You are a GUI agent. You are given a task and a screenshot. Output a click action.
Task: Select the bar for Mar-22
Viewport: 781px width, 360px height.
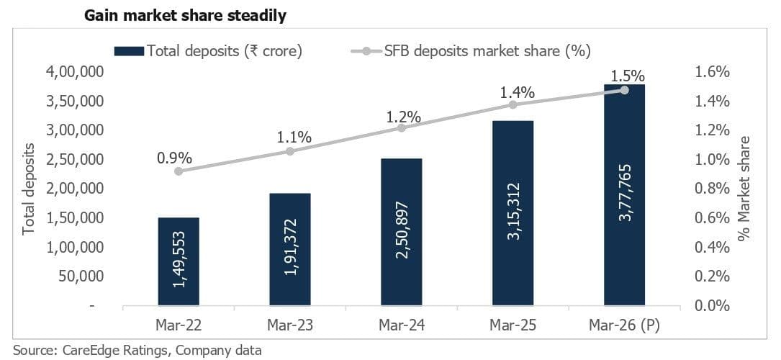point(179,261)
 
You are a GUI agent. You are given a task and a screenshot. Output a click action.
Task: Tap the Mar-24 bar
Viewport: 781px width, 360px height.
point(402,232)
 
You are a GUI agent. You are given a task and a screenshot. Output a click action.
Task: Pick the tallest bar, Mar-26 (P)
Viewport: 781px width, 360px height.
point(624,194)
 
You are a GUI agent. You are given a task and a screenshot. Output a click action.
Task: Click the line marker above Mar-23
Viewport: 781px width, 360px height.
point(290,151)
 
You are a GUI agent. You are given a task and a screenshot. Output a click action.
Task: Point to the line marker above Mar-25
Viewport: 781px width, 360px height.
point(513,104)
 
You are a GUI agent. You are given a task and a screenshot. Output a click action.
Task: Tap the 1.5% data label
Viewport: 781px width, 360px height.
point(624,75)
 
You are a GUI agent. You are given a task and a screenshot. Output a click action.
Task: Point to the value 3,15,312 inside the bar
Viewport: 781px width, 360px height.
point(513,213)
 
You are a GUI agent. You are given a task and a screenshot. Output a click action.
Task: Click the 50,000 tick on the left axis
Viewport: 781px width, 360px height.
point(84,276)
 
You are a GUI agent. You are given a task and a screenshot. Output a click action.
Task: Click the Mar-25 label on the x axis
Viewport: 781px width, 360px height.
point(513,325)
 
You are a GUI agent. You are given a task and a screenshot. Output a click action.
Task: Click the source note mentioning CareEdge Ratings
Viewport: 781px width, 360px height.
point(137,351)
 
